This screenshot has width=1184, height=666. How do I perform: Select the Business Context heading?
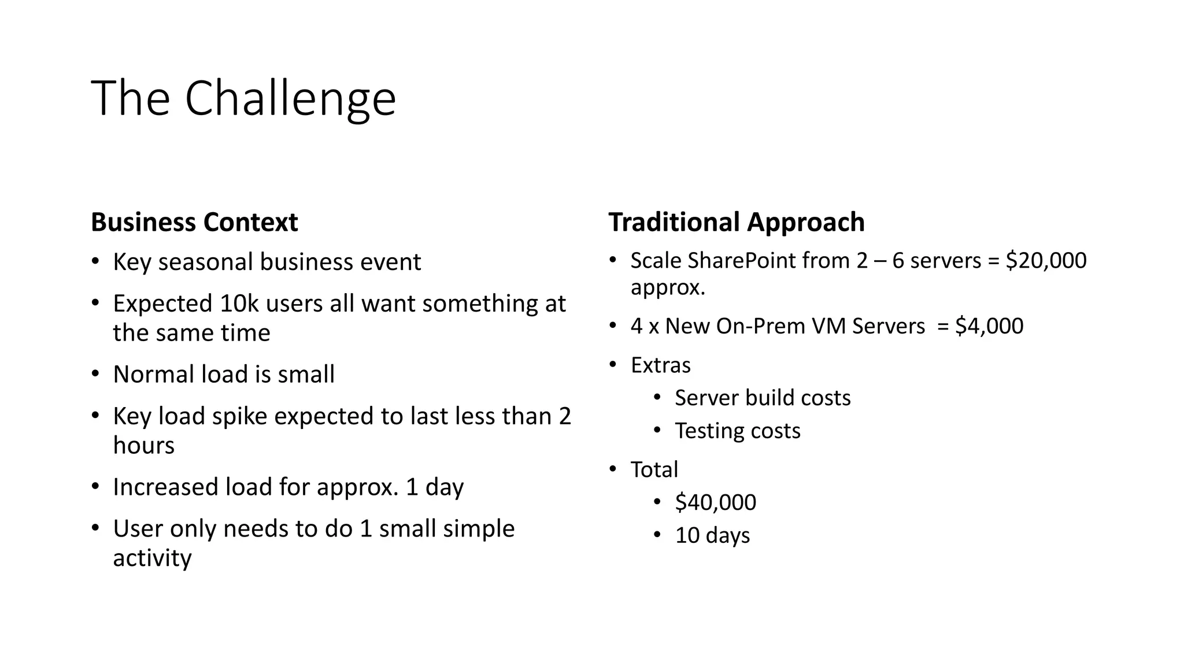[194, 223]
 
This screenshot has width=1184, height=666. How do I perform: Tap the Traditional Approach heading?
[736, 223]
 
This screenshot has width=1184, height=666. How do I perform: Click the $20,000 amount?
[1046, 261]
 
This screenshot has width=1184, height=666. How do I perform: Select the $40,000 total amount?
[715, 502]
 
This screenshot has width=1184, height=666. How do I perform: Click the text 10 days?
[712, 535]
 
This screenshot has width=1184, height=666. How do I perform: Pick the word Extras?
[660, 365]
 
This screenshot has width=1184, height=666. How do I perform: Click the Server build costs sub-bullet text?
[763, 398]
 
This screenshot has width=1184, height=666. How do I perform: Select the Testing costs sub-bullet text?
[737, 431]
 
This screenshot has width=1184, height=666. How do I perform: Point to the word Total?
[654, 469]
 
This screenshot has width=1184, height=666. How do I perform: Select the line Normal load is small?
[224, 375]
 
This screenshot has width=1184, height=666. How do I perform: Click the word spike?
[239, 417]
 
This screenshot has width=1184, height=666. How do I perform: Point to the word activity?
[152, 558]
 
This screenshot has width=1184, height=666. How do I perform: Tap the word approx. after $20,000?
[668, 287]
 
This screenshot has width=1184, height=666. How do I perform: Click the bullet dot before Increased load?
[95, 487]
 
